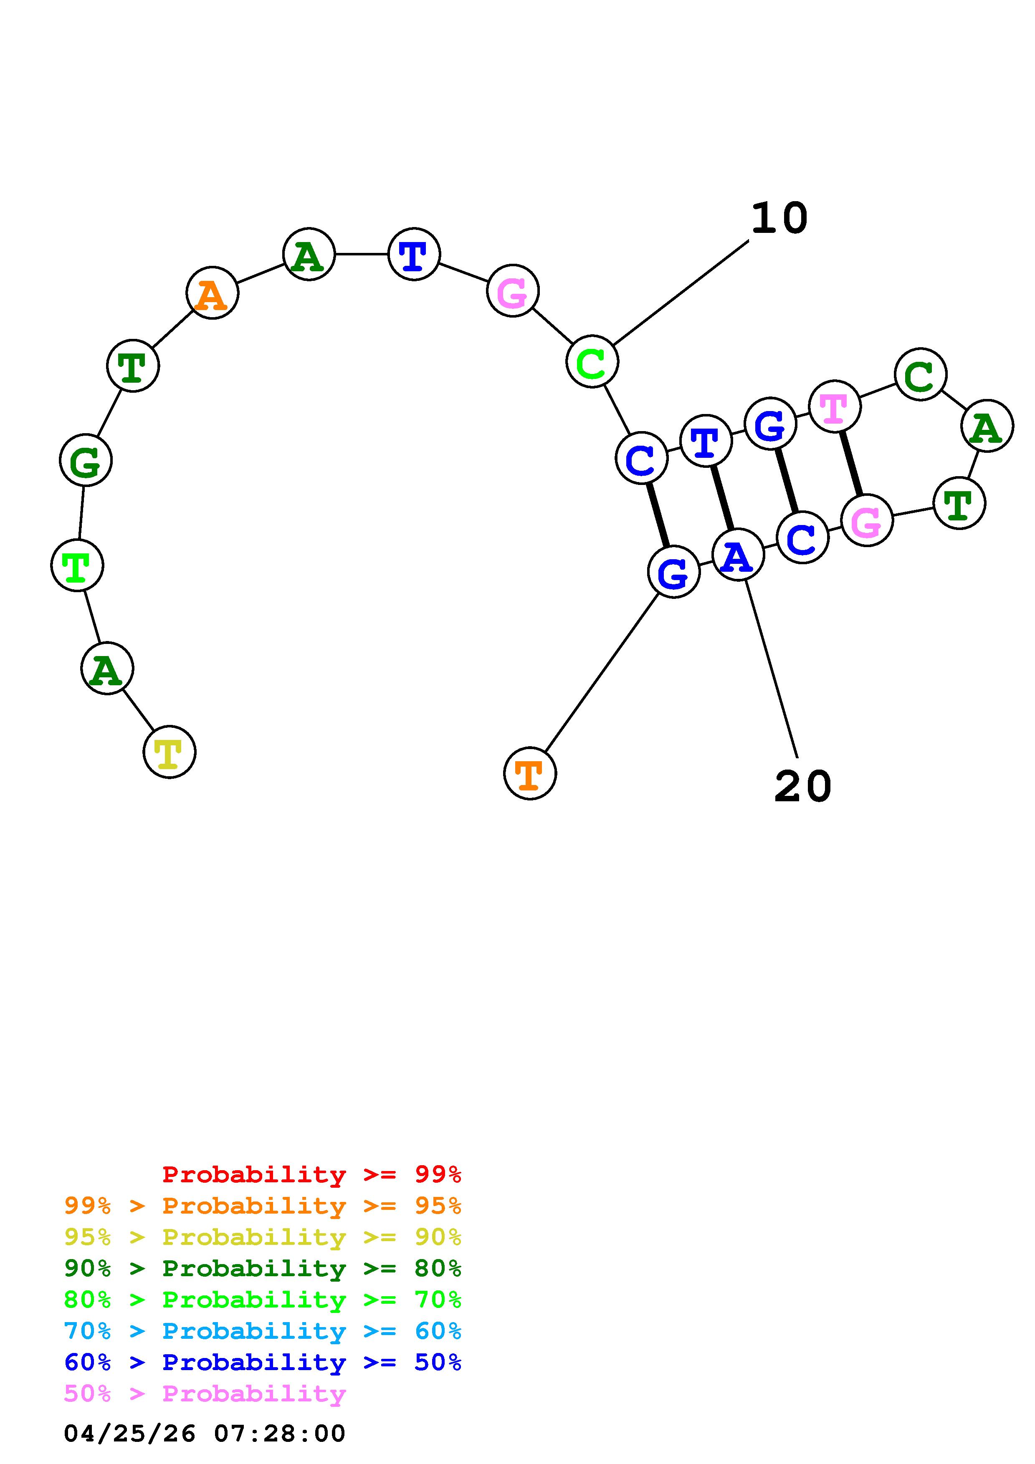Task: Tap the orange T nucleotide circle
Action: click(x=529, y=773)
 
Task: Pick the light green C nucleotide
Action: click(x=592, y=361)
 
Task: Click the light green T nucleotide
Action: click(x=76, y=565)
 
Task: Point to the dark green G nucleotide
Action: click(x=86, y=460)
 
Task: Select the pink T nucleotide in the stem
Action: click(x=834, y=406)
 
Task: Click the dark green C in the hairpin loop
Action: click(x=920, y=374)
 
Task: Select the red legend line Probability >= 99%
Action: click(x=311, y=1174)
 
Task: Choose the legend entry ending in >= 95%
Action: click(x=263, y=1205)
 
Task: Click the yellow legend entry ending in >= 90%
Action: click(x=263, y=1237)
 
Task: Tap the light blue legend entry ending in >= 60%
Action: click(x=263, y=1331)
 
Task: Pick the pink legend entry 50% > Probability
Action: click(x=205, y=1393)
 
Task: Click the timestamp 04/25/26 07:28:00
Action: click(x=204, y=1433)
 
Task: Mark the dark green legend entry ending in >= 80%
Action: click(x=263, y=1268)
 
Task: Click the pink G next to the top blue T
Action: click(x=512, y=291)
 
